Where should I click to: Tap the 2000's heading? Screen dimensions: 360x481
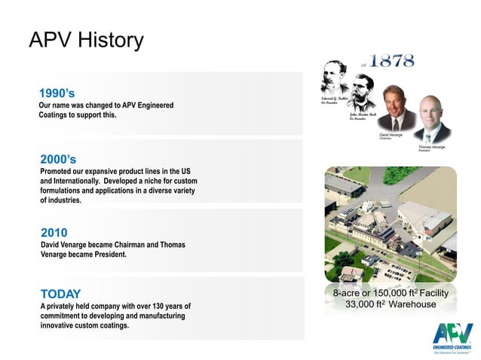(x=58, y=159)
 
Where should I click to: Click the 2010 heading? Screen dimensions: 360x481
(x=54, y=233)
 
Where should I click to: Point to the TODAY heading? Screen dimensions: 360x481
(x=60, y=294)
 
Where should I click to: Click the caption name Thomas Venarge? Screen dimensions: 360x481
(x=432, y=147)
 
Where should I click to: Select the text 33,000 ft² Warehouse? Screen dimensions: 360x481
(x=390, y=304)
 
